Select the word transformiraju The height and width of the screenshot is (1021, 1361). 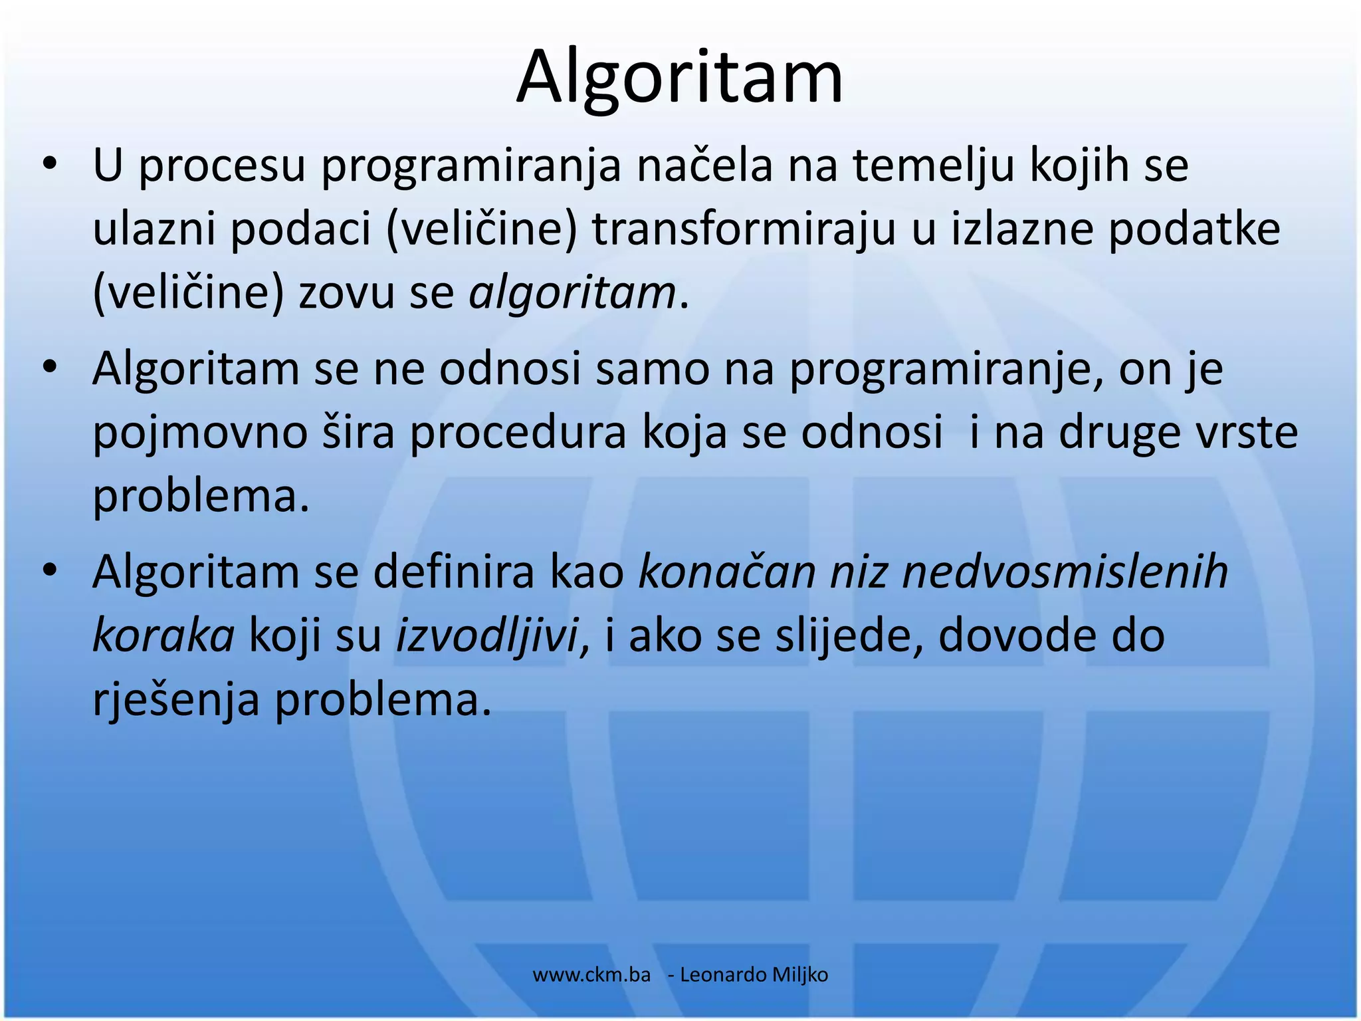(744, 229)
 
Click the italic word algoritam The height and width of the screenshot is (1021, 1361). (572, 293)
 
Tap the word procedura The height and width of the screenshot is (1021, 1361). (518, 434)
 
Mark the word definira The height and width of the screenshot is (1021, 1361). (454, 572)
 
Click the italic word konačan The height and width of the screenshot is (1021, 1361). (726, 572)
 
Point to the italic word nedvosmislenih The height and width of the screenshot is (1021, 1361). (1065, 572)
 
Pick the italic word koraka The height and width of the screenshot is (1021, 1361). (163, 635)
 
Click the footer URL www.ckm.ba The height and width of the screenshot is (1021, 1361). (591, 975)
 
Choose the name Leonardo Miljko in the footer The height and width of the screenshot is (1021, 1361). (754, 975)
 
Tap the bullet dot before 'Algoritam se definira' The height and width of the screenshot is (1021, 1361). (49, 570)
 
